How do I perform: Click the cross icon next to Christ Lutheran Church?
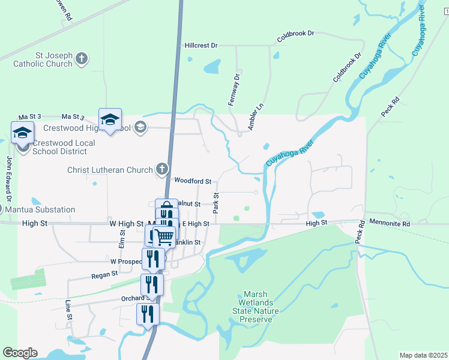pyautogui.click(x=161, y=170)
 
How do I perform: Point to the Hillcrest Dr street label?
pyautogui.click(x=200, y=45)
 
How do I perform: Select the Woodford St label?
pyautogui.click(x=193, y=181)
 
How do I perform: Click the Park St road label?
pyautogui.click(x=215, y=203)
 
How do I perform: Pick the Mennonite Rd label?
pyautogui.click(x=390, y=224)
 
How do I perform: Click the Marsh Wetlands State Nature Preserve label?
pyautogui.click(x=256, y=307)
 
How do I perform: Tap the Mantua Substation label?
pyautogui.click(x=40, y=210)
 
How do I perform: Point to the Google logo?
pyautogui.click(x=20, y=353)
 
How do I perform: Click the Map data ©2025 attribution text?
pyautogui.click(x=423, y=355)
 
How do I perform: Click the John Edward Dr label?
pyautogui.click(x=9, y=178)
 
